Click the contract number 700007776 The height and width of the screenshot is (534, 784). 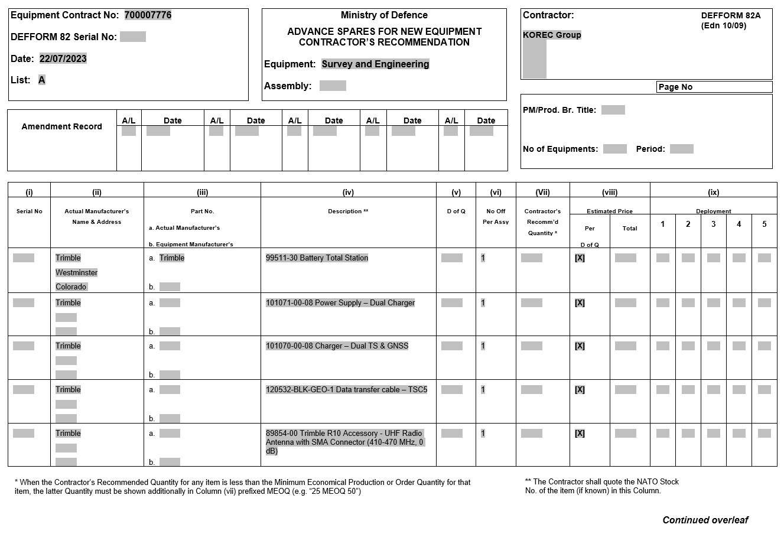click(148, 15)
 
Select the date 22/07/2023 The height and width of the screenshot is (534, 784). click(63, 58)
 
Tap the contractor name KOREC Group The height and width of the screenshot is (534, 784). click(552, 35)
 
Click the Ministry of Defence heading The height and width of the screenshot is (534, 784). click(384, 15)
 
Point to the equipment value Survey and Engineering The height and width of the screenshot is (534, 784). click(375, 64)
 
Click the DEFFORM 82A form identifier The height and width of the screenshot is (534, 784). click(731, 16)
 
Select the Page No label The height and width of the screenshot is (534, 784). click(675, 87)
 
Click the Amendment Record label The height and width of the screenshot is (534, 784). click(61, 126)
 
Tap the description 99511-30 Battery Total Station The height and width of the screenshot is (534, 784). click(317, 258)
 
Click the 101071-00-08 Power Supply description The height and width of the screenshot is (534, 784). click(340, 303)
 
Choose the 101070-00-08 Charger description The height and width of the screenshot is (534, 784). click(337, 346)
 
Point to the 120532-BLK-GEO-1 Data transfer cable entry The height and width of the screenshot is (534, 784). click(346, 390)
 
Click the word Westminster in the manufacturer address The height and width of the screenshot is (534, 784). click(76, 273)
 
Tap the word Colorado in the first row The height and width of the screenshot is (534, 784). click(71, 287)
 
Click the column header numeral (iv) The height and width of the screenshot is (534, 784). click(348, 192)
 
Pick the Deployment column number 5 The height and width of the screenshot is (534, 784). click(764, 224)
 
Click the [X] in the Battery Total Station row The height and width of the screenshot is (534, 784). click(580, 258)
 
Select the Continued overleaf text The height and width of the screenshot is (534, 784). click(705, 520)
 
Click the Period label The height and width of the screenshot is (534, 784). click(650, 149)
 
